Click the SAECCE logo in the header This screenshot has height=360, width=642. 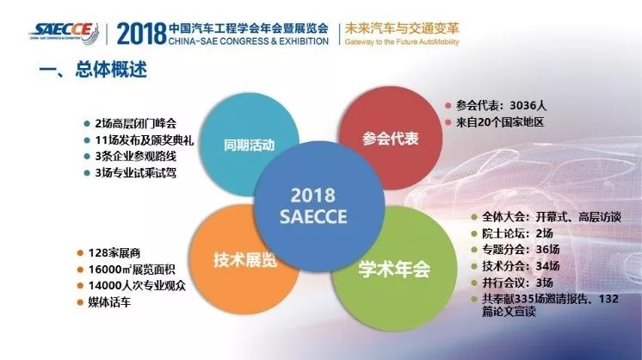[64, 33]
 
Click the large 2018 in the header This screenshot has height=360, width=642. [141, 34]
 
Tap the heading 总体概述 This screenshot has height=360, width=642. [111, 69]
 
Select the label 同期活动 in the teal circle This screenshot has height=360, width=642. [249, 145]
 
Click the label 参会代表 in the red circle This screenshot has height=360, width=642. [390, 139]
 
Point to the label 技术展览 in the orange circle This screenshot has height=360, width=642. [245, 260]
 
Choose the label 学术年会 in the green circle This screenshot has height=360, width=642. [394, 269]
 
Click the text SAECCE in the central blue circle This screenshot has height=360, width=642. [313, 217]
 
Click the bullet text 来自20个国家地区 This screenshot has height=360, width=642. [500, 122]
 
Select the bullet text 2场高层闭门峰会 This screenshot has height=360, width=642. [135, 123]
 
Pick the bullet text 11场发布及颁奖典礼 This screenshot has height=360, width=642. [144, 140]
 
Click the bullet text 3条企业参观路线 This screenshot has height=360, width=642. [135, 156]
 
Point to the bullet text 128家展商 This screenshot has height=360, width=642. [114, 252]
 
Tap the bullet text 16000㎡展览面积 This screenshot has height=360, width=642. [132, 269]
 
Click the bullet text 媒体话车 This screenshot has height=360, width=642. [109, 302]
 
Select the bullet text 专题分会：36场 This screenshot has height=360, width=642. [521, 250]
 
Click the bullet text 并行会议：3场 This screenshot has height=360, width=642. [517, 282]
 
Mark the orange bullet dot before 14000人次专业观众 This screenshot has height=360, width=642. [80, 286]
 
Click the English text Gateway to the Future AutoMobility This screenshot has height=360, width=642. [402, 42]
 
